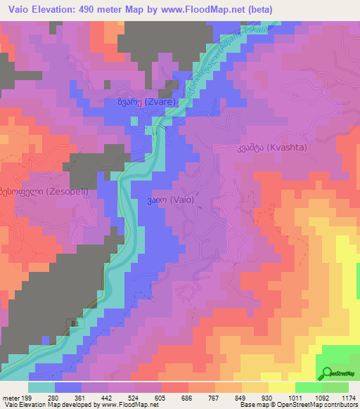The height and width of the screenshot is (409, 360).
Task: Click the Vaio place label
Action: pos(169,200)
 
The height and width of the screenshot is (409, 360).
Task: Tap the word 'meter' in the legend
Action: pos(10,398)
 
